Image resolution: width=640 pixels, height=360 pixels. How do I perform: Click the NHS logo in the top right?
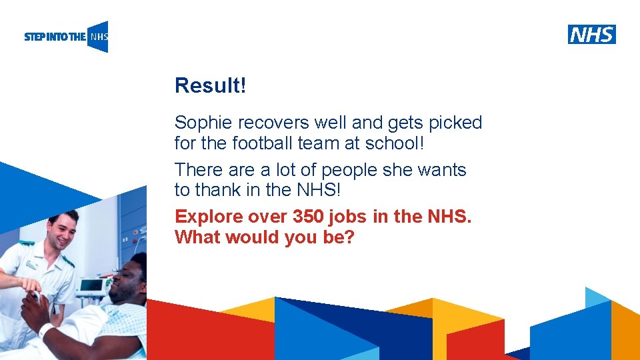(592, 34)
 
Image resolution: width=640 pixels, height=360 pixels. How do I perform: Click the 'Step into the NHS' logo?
(66, 37)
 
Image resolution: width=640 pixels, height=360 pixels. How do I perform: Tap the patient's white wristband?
(45, 330)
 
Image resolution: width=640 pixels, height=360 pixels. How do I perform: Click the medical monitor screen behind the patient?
(91, 285)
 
